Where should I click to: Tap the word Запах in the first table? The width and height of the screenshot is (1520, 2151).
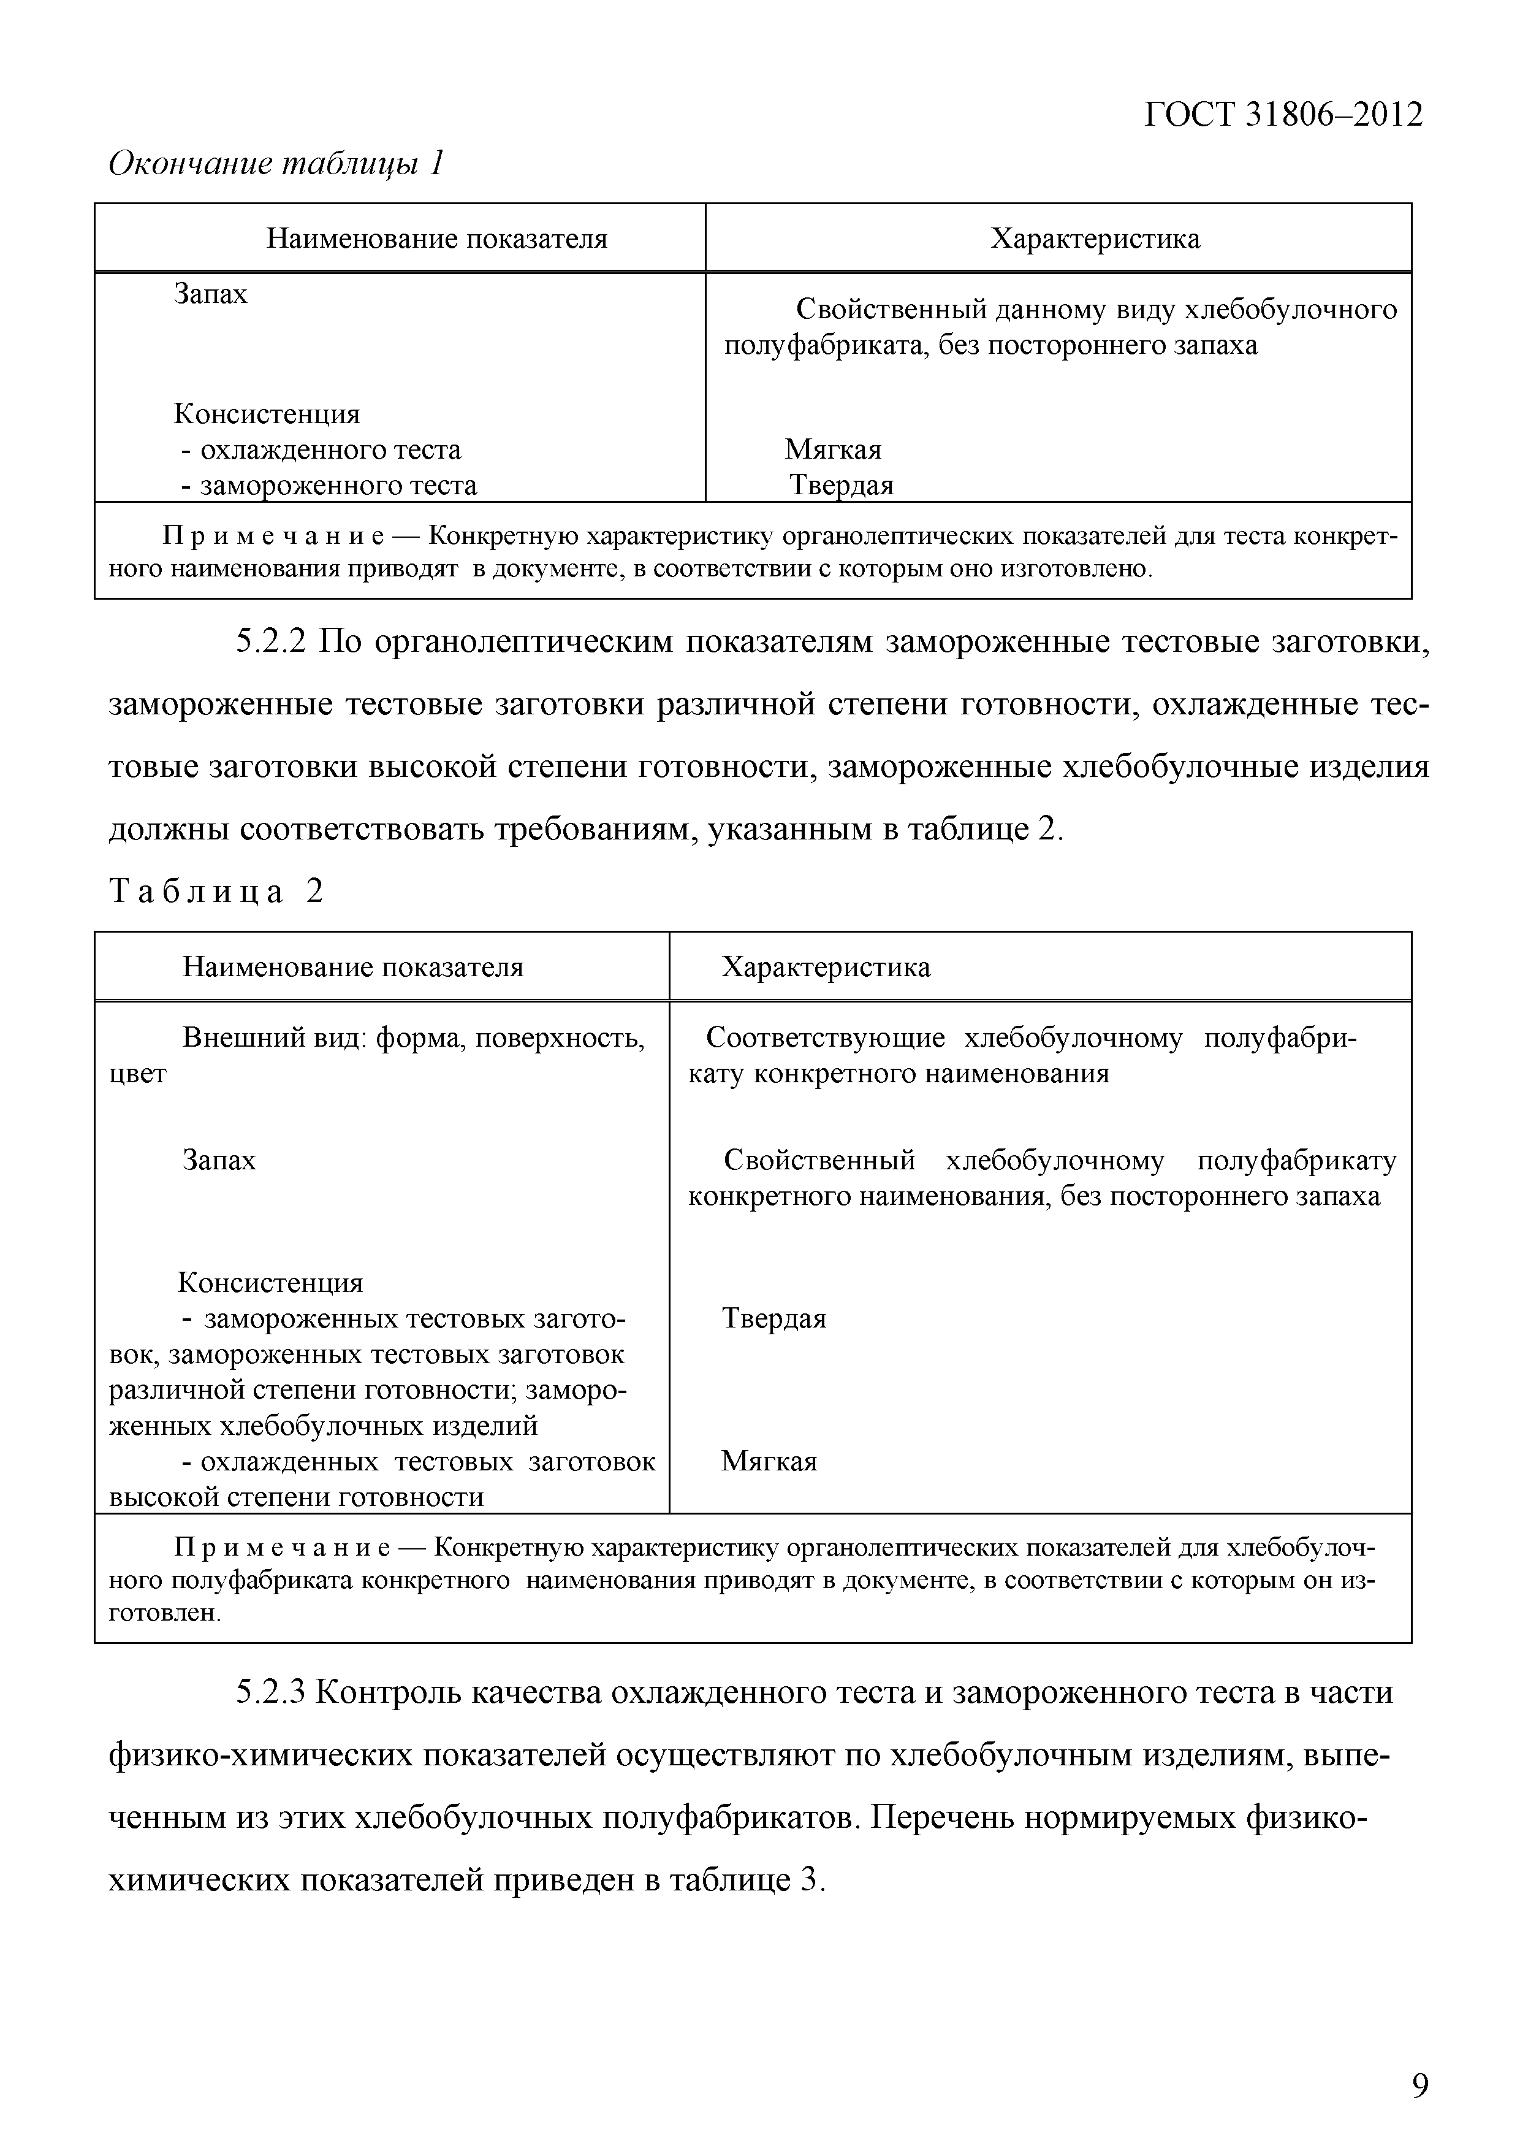211,294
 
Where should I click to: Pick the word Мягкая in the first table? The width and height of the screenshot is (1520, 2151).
832,449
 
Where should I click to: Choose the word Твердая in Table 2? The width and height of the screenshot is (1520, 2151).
773,1319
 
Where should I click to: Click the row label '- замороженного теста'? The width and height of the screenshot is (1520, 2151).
329,485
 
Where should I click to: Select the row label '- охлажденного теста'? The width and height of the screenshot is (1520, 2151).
321,449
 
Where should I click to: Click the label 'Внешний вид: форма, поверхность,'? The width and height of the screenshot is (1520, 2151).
413,1038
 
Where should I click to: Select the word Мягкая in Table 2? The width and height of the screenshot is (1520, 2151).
769,1461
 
